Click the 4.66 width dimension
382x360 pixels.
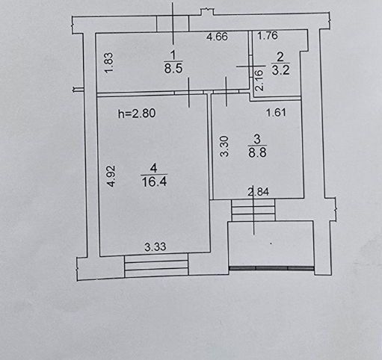pos(217,37)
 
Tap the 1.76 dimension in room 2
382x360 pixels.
pos(268,36)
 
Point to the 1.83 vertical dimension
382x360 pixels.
pos(109,63)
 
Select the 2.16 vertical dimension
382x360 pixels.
pos(259,80)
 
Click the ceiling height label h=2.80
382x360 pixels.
pos(137,114)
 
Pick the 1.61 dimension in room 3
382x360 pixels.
pos(276,113)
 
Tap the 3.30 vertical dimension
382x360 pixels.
pos(224,146)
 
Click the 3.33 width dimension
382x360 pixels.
pos(155,246)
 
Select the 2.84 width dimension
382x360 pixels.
pos(259,192)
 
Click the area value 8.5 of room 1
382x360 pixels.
pos(173,68)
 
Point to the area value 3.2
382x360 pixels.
pos(280,70)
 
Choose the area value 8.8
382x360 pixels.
pos(257,152)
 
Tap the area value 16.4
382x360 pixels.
pos(154,181)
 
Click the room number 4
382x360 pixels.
pos(154,169)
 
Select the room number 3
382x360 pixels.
pos(257,139)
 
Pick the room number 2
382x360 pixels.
pos(280,58)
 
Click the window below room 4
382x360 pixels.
pos(156,266)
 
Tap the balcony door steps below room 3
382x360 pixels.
pos(253,210)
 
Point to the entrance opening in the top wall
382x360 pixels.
pos(173,23)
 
